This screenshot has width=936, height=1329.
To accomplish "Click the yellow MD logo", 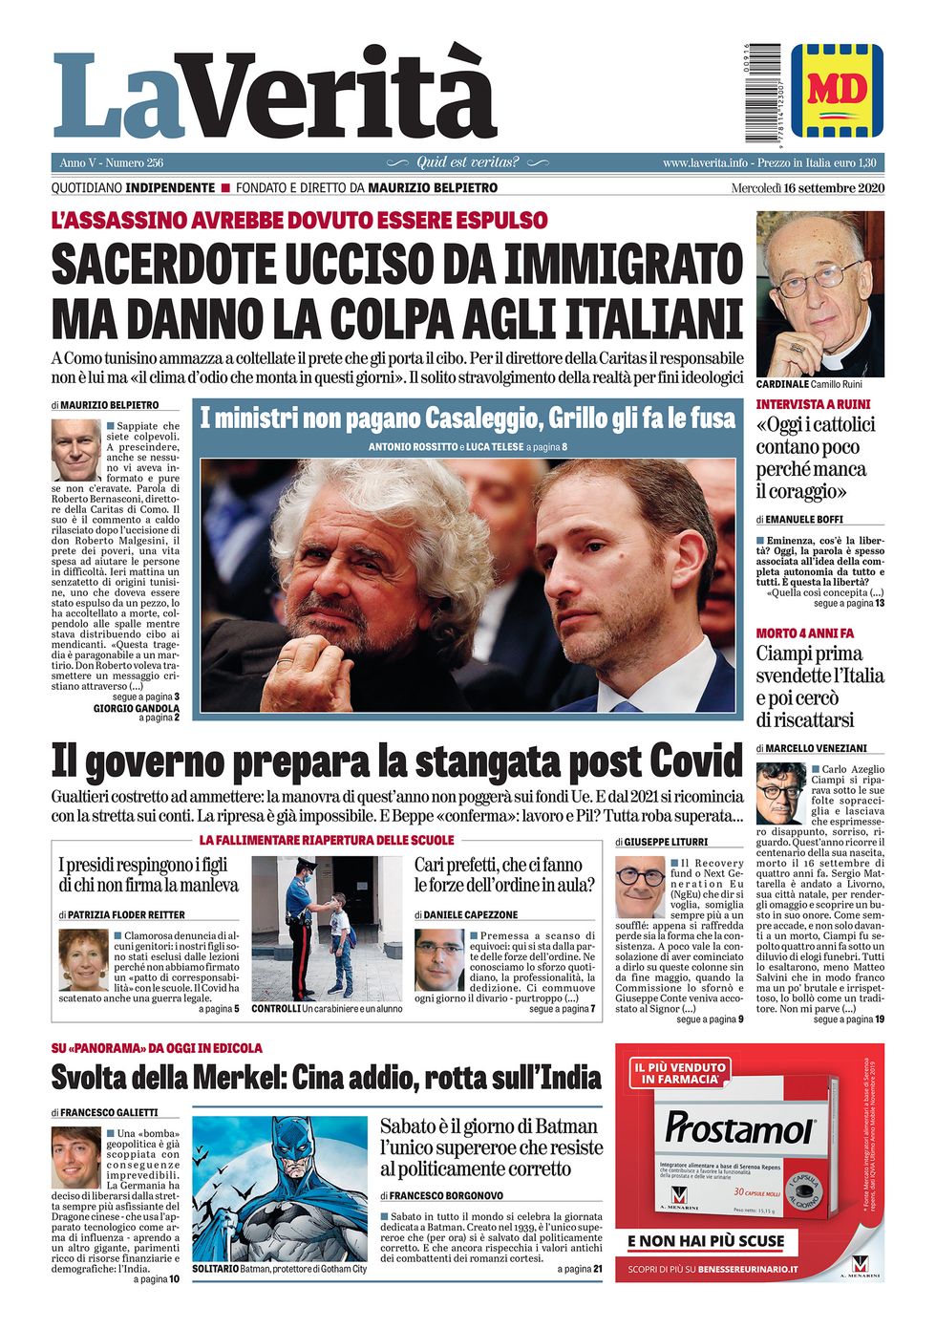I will (837, 89).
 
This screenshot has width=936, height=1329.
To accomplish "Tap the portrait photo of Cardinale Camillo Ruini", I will (819, 293).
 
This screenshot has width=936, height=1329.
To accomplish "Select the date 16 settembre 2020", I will (833, 187).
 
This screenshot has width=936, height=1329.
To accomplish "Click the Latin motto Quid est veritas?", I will (467, 162).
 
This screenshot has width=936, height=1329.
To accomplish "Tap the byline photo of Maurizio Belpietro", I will (75, 449).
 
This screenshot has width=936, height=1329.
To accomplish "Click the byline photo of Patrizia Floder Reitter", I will (83, 959).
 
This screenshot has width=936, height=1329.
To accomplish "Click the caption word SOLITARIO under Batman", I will (215, 1269).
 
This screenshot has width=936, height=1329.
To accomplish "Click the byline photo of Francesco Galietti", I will (75, 1157).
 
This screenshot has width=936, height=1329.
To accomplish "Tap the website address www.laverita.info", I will (705, 163).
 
